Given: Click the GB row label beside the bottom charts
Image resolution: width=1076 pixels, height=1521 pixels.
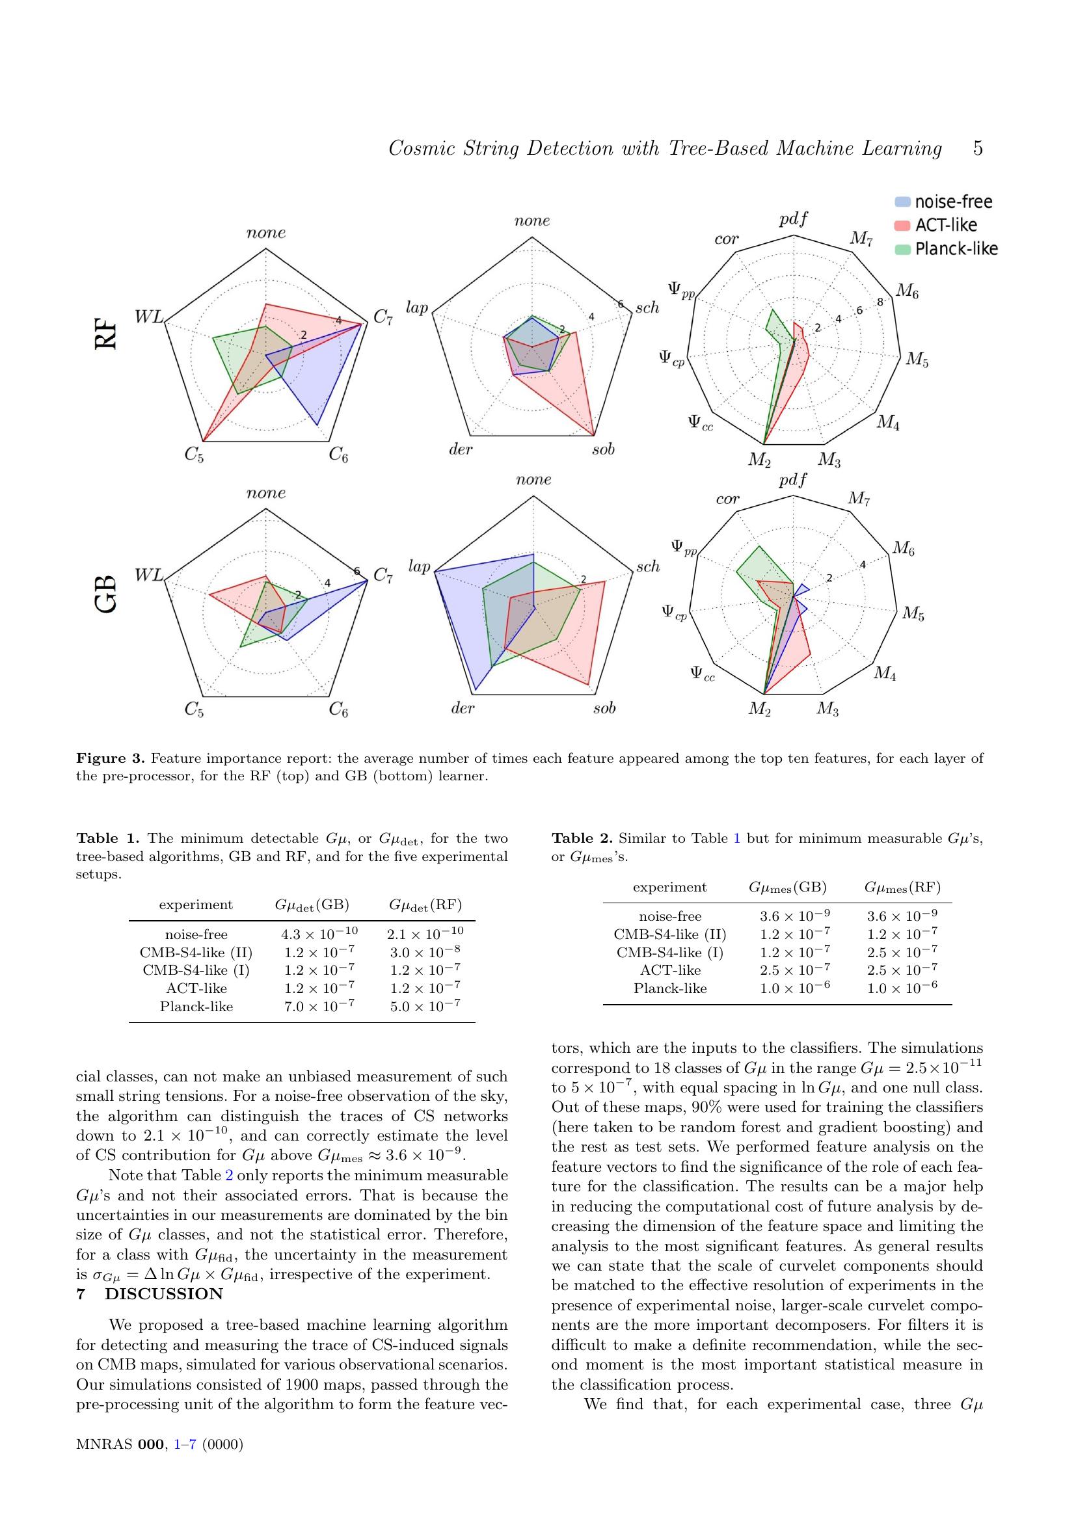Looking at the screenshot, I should click(x=106, y=594).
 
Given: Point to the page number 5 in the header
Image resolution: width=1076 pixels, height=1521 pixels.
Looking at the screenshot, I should click(x=977, y=148).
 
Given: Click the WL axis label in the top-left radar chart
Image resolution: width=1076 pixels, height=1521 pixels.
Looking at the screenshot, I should click(x=148, y=317).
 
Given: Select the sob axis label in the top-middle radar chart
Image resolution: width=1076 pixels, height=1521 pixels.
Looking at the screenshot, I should click(x=603, y=449).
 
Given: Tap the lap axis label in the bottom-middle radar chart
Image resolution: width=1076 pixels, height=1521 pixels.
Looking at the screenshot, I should click(x=419, y=566).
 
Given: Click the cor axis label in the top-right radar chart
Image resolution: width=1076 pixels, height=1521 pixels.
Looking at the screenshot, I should click(x=726, y=239).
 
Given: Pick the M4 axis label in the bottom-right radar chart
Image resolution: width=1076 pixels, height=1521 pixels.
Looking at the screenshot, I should click(x=885, y=674).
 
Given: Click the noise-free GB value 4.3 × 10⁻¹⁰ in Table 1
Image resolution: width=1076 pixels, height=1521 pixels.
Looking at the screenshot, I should click(x=319, y=933).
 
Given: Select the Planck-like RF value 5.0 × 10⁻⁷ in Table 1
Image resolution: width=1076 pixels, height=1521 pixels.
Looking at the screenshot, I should click(x=425, y=1006).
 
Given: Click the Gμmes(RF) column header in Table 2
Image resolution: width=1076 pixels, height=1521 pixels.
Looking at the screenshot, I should click(x=902, y=887).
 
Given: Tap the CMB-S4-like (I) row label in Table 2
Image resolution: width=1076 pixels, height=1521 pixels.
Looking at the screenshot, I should click(x=670, y=953).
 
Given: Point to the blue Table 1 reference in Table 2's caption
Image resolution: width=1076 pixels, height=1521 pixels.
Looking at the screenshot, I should click(x=737, y=838).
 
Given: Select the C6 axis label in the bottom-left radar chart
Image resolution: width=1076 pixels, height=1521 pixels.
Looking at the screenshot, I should click(x=338, y=710).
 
